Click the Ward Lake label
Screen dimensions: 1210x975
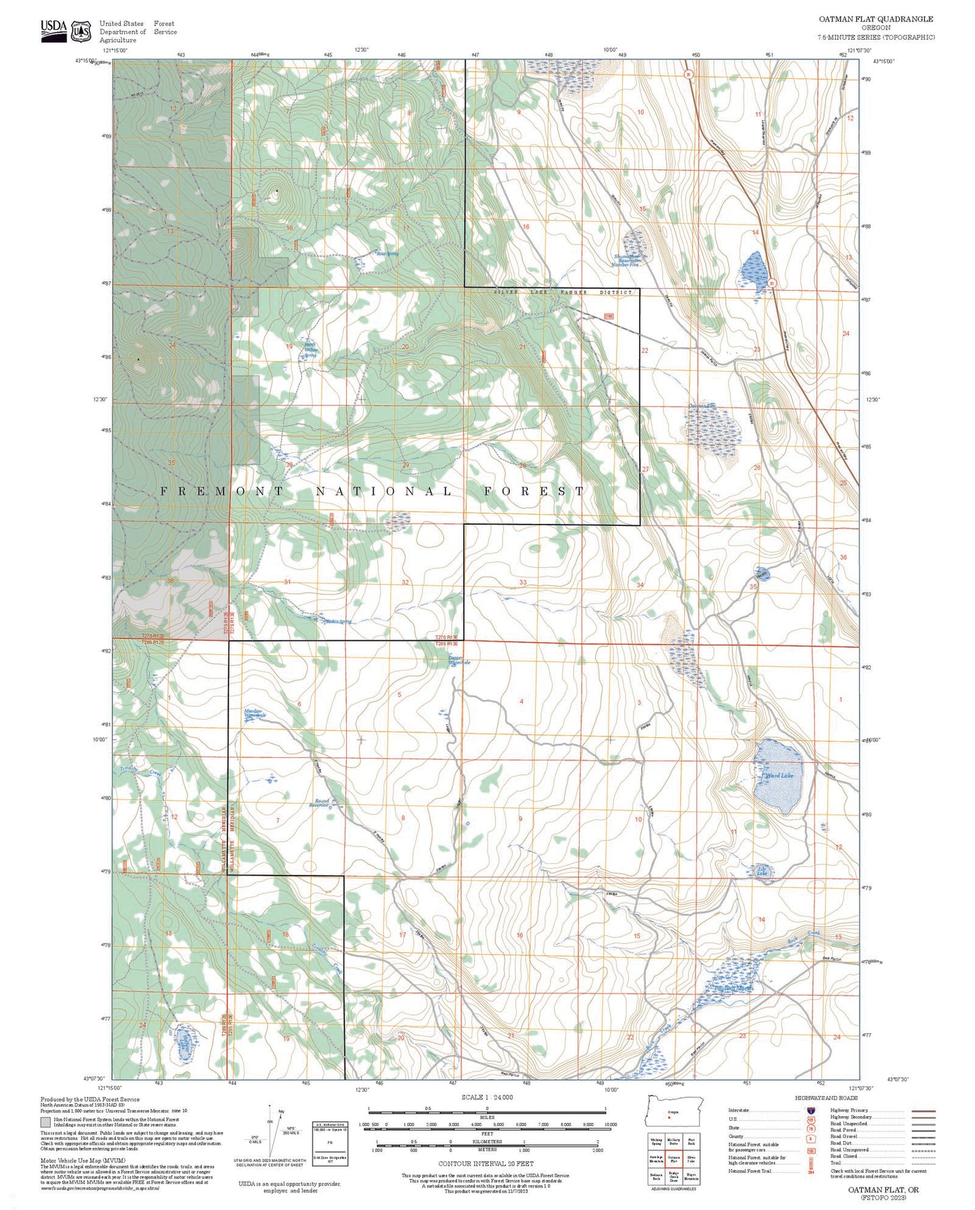[779, 776]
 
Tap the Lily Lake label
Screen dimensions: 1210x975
[762, 871]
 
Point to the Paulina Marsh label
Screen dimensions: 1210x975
[733, 988]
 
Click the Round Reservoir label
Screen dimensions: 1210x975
[319, 803]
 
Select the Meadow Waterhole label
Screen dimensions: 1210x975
[254, 713]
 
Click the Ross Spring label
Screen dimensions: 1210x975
[387, 254]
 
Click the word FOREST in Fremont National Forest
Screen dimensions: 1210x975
[534, 491]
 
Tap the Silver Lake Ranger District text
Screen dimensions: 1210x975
[563, 292]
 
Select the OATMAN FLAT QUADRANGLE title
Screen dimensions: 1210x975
[876, 19]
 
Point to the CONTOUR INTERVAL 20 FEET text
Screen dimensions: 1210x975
[486, 1163]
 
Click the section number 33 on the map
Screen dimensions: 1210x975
[523, 582]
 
